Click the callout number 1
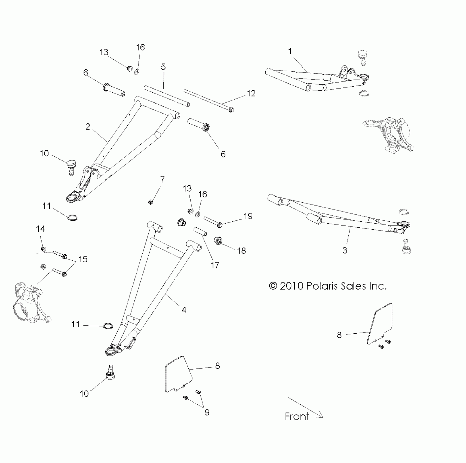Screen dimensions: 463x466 [290, 51]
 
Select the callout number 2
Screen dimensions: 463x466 [88, 127]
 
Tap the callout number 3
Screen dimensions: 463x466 [345, 250]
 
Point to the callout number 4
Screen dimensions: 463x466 [184, 310]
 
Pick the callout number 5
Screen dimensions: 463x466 [163, 67]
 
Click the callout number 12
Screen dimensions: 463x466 [251, 93]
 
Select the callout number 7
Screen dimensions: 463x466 [163, 180]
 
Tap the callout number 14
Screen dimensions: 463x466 [41, 229]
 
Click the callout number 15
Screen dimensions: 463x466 [83, 259]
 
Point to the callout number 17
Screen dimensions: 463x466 [215, 265]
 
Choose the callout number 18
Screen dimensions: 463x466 [242, 251]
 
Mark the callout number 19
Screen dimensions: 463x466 [248, 216]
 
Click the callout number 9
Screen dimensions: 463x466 [207, 412]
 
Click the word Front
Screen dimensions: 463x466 [297, 416]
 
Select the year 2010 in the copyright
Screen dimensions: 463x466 [292, 286]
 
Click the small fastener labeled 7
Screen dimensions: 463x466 [151, 202]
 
